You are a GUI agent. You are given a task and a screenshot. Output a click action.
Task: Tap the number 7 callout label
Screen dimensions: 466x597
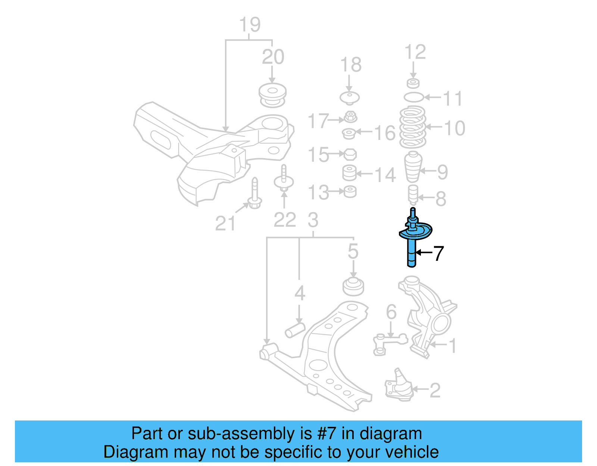438,254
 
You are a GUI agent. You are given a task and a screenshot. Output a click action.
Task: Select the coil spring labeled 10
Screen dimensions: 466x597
412,128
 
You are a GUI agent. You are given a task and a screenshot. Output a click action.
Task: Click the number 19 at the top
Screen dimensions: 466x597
250,25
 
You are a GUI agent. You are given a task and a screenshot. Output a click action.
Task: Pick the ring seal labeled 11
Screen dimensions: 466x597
413,97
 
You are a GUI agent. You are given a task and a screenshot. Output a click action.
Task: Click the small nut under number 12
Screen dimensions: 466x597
413,83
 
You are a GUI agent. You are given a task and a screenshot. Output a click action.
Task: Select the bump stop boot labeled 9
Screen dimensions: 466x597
413,166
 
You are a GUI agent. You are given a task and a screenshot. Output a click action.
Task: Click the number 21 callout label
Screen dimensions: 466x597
225,223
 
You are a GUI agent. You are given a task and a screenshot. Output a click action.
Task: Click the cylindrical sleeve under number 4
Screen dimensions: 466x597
295,330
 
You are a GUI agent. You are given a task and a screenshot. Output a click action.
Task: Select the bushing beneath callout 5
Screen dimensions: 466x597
353,287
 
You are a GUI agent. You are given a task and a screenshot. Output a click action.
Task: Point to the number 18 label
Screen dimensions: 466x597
351,65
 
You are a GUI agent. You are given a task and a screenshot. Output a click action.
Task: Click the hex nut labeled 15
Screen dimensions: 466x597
350,154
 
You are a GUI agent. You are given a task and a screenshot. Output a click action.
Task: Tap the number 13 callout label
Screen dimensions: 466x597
318,193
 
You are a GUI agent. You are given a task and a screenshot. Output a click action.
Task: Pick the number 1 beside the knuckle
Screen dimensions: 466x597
453,346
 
